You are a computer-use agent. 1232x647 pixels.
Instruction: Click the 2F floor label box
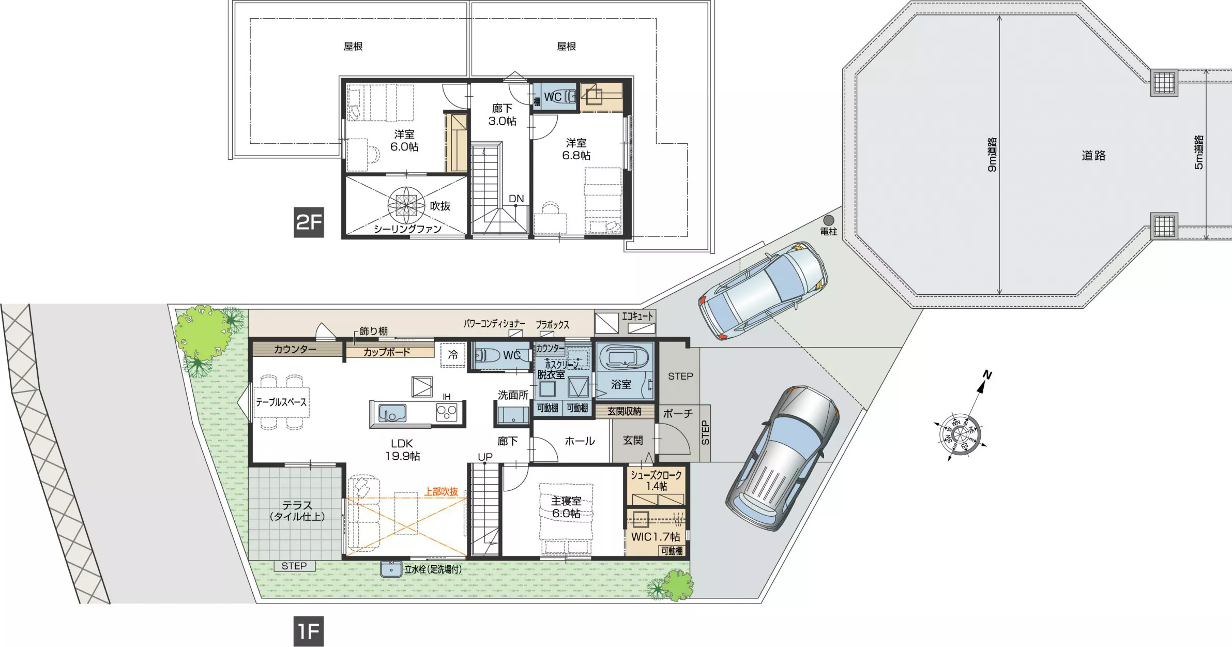(309, 222)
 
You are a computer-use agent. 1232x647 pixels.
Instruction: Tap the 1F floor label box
(309, 631)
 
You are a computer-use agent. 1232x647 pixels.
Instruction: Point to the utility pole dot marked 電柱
(829, 220)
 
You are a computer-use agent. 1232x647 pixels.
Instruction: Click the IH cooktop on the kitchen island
(447, 412)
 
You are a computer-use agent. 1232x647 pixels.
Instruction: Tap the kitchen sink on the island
(392, 413)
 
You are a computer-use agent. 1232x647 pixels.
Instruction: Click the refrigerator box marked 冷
(453, 355)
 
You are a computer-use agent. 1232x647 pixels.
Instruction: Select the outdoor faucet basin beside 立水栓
(391, 569)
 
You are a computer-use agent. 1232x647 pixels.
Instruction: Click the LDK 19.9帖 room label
(402, 450)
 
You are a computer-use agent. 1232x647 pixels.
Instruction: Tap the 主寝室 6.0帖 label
(566, 507)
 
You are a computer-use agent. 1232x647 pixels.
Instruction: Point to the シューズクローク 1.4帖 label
(656, 480)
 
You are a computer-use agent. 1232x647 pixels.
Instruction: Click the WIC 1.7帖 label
(655, 537)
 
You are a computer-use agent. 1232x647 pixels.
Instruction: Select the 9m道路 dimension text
(992, 155)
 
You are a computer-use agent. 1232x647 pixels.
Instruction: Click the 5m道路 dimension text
(1199, 153)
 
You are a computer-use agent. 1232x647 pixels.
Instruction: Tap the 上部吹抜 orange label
(441, 491)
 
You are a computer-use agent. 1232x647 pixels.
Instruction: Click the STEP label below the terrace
(294, 566)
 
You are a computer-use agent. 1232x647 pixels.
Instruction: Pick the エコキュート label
(637, 316)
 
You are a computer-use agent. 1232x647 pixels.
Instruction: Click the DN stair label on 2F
(516, 199)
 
